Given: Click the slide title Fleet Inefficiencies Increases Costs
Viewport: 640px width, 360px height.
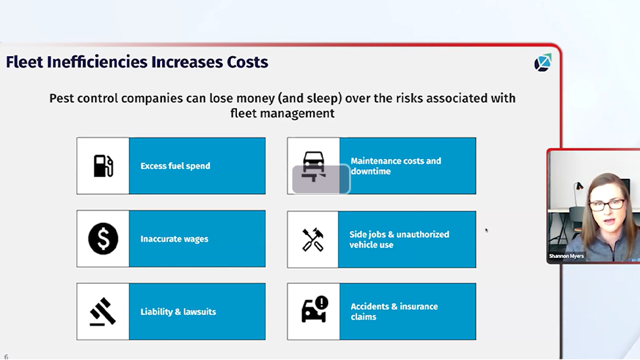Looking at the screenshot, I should coord(137,63).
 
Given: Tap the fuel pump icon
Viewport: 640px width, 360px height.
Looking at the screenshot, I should coord(103,165).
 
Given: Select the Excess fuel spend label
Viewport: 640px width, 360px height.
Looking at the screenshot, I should coord(175,166).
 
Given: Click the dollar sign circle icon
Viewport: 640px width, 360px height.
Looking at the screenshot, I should coord(103,238).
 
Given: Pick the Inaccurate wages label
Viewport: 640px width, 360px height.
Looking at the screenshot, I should coord(174,239).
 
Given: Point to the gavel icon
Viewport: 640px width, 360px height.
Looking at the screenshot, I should coord(103,311).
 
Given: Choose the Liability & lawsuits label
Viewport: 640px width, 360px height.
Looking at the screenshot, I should coord(178,312).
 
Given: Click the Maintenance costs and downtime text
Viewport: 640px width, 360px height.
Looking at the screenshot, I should coord(396,166).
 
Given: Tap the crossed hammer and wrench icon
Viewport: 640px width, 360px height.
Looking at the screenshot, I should coord(313,239).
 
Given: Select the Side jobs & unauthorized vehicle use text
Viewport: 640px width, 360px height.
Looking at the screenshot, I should coord(399,239).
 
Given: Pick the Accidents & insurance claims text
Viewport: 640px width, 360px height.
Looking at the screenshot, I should coord(394,311).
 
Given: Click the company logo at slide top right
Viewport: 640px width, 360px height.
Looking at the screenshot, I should coord(543,63).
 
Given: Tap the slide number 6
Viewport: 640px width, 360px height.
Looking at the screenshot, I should coord(6,356).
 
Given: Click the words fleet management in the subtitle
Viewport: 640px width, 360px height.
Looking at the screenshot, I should coord(282,113).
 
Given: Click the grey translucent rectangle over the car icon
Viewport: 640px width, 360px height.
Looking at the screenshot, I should coord(321,180).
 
